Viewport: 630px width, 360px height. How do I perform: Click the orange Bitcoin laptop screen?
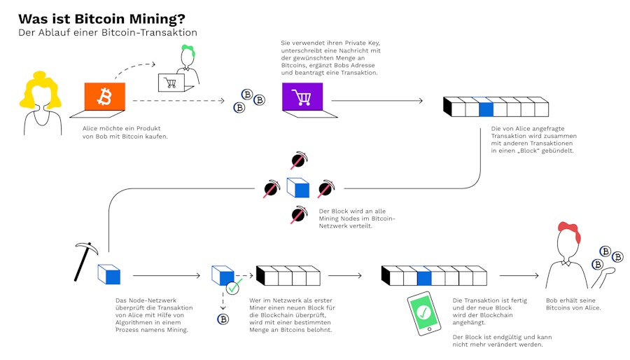pyautogui.click(x=104, y=96)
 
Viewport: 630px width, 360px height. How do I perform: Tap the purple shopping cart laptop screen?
pyautogui.click(x=302, y=96)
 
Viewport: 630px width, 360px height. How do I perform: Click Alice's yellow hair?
pyautogui.click(x=39, y=90)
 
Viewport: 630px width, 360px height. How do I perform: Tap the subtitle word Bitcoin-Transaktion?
pyautogui.click(x=150, y=33)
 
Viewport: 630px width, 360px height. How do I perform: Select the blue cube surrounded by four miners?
pyautogui.click(x=297, y=188)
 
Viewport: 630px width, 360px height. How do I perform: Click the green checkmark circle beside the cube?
pyautogui.click(x=234, y=286)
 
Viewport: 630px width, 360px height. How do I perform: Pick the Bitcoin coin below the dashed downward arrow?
pyautogui.click(x=223, y=319)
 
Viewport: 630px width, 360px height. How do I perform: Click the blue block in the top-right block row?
pyautogui.click(x=486, y=107)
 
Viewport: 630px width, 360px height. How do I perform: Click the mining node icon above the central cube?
pyautogui.click(x=298, y=160)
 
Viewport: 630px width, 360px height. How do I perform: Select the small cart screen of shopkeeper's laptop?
pyautogui.click(x=170, y=83)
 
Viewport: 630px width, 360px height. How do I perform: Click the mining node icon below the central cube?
pyautogui.click(x=298, y=215)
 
